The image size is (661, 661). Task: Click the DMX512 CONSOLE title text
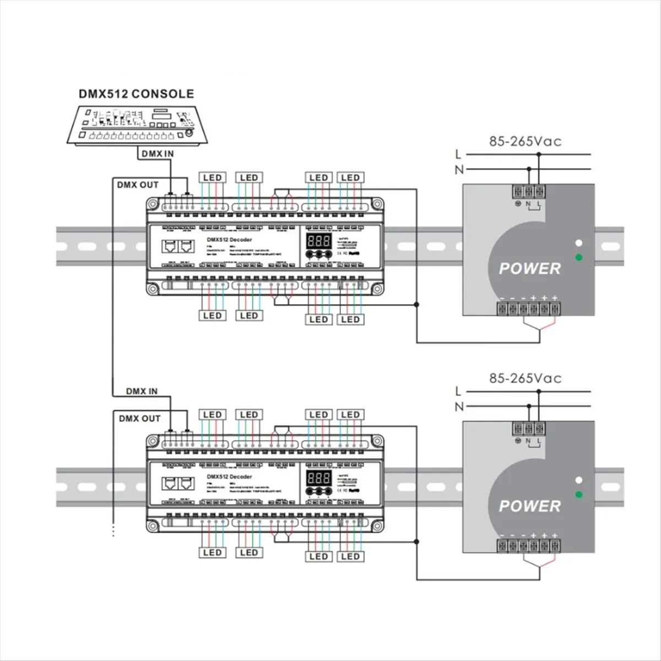pyautogui.click(x=136, y=94)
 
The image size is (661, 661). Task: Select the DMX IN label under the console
pyautogui.click(x=157, y=154)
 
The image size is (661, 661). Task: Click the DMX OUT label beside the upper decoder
pyautogui.click(x=138, y=185)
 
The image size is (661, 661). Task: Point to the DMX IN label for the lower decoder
pyautogui.click(x=142, y=392)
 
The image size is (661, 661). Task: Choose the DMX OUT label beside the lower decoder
pyautogui.click(x=139, y=419)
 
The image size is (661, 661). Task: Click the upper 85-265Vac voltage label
pyautogui.click(x=525, y=142)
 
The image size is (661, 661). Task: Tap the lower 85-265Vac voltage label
pyautogui.click(x=525, y=378)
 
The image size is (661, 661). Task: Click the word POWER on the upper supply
pyautogui.click(x=529, y=269)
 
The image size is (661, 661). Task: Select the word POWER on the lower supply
pyautogui.click(x=529, y=506)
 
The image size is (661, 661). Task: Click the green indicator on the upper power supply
pyautogui.click(x=578, y=257)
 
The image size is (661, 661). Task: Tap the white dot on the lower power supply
pyautogui.click(x=578, y=480)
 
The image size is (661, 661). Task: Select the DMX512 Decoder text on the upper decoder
pyautogui.click(x=229, y=240)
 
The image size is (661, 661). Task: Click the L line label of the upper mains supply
pyautogui.click(x=458, y=154)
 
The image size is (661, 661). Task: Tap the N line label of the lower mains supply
pyautogui.click(x=458, y=407)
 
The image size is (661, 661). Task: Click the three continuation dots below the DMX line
pyautogui.click(x=113, y=530)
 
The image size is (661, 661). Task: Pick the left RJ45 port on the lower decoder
pyautogui.click(x=169, y=484)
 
